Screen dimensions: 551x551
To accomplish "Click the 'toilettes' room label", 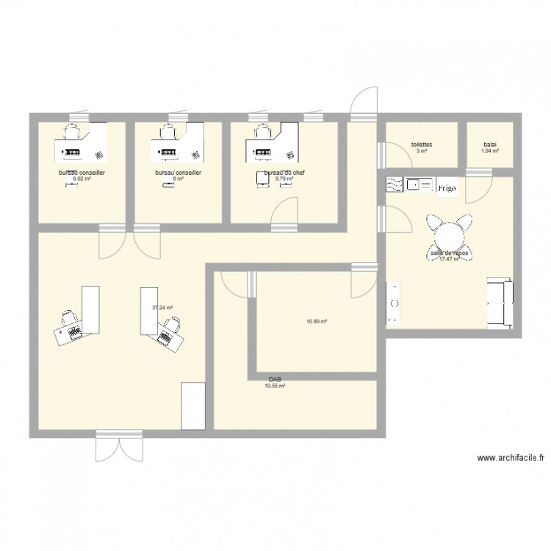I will coord(422,145).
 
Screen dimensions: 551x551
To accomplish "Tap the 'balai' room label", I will coord(490,145).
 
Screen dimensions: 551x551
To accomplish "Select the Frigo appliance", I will coord(447,188).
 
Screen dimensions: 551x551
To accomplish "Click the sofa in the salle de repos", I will coord(500,301).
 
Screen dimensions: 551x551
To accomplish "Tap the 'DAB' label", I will coord(275,380).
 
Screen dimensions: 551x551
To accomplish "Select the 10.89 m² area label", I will coord(316,320).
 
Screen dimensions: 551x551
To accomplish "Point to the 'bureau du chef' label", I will coord(284,173).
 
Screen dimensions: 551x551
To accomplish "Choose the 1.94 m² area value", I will coord(490,151).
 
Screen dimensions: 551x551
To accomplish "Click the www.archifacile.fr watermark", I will coord(510,457).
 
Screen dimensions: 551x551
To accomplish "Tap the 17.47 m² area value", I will coord(449,259).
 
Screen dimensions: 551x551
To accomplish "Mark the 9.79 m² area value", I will coord(284,179).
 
